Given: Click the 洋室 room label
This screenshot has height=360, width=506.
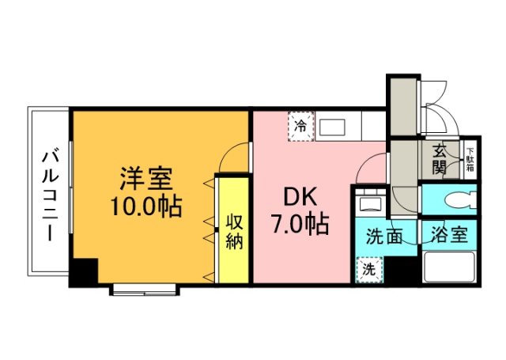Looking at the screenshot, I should point(147,176).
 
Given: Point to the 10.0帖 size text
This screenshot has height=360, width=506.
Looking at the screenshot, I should point(146,207).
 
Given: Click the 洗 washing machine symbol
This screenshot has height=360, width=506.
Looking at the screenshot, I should point(368,269).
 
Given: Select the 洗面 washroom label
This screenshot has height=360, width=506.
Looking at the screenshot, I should point(385,234).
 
